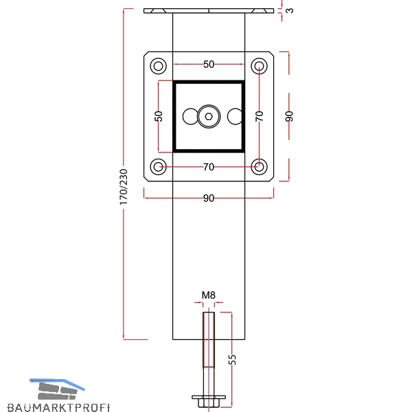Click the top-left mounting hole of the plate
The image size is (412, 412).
(x=158, y=66)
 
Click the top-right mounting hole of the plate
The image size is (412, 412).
(x=259, y=66)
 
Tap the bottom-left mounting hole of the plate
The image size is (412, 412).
(x=158, y=167)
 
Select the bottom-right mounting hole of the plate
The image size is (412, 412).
(x=259, y=167)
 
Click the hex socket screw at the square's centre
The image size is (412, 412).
(x=209, y=117)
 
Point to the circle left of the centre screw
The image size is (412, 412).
(x=190, y=117)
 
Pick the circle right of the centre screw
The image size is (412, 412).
(x=234, y=117)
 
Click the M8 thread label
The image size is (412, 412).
(x=209, y=295)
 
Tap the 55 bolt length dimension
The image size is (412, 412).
(x=232, y=359)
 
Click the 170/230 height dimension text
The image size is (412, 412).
(x=123, y=187)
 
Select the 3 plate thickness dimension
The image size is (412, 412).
(x=290, y=11)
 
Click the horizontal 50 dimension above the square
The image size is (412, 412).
(x=209, y=65)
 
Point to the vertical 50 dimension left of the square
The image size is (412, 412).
(x=159, y=116)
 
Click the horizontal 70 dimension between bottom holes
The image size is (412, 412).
(x=209, y=167)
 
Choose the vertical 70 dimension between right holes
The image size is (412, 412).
(x=260, y=116)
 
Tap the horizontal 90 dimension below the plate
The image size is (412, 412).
(x=209, y=198)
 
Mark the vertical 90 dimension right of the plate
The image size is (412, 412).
(x=289, y=116)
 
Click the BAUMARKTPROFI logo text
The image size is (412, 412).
(x=58, y=407)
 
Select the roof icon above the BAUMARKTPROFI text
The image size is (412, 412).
(x=57, y=389)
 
